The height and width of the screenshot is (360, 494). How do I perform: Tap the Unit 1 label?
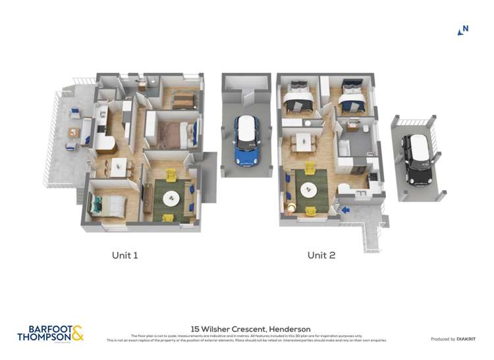[124, 255]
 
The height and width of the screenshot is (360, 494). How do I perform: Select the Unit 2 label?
[321, 255]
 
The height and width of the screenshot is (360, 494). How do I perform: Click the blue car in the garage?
[247, 140]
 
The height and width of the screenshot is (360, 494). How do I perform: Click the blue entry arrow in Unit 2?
[345, 210]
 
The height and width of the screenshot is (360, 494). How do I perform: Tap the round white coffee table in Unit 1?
[171, 197]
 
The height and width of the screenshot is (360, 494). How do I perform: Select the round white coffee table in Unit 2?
[308, 190]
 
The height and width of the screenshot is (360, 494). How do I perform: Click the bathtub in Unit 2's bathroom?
[345, 151]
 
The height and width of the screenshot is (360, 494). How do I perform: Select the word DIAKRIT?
[468, 339]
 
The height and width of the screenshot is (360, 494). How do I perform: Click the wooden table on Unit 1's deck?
[72, 133]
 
